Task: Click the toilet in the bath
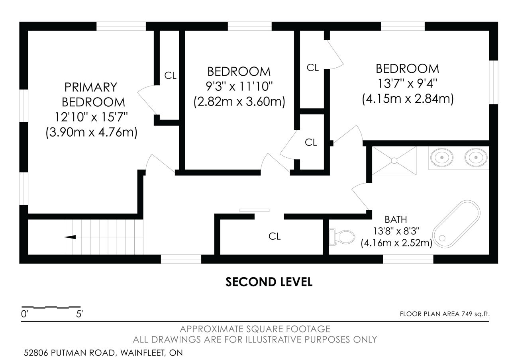[342, 237]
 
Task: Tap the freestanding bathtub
[456, 224]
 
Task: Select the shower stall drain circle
[394, 160]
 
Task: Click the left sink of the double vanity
[441, 157]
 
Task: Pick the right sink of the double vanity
[476, 157]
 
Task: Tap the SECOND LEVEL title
[269, 282]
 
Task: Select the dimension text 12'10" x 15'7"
[91, 117]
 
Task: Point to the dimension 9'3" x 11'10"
[239, 86]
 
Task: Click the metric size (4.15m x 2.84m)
[408, 99]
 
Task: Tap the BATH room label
[396, 219]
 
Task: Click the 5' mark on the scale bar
[79, 314]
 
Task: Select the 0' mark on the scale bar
[24, 314]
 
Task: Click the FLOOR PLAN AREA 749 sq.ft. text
[445, 314]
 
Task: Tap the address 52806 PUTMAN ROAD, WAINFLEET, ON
[103, 353]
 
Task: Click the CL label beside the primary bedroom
[170, 76]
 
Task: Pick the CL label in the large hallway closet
[275, 237]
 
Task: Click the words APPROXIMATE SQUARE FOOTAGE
[255, 329]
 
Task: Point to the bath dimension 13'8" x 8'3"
[396, 231]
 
